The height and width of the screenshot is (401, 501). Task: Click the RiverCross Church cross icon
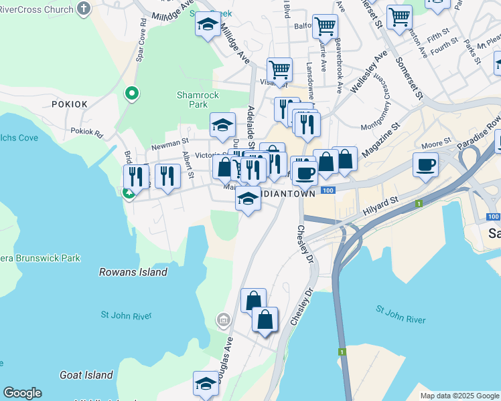84,8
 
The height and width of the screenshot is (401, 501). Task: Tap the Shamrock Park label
198,100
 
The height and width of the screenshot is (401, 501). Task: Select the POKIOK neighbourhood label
69,104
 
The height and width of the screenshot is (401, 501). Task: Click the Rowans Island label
133,272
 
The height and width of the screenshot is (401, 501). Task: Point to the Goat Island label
86,376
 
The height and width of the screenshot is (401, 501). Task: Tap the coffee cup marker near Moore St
425,164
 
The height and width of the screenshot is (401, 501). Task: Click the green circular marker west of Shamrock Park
132,94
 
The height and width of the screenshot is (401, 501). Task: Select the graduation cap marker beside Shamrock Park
222,124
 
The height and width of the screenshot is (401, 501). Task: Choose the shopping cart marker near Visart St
279,69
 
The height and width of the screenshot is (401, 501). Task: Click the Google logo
22,393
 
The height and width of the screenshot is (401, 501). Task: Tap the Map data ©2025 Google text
459,396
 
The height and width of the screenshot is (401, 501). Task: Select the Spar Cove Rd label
141,44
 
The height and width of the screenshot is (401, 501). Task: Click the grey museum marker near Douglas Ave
222,321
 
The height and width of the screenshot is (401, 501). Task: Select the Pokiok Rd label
86,132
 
